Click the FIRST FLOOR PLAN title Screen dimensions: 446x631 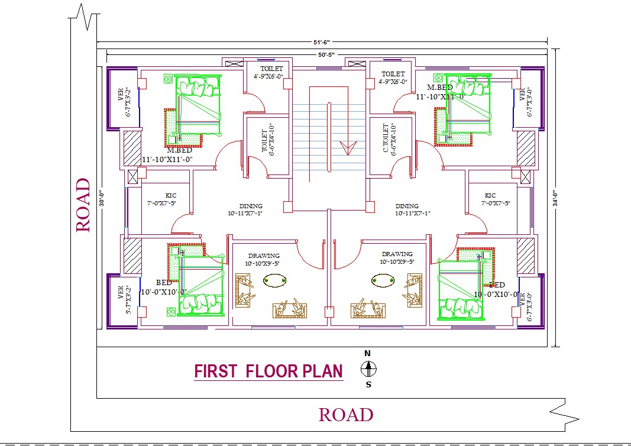268,371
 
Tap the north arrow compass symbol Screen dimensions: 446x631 368,369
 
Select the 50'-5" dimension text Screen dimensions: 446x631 326,54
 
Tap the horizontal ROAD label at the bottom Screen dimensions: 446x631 346,415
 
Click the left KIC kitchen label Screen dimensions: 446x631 170,195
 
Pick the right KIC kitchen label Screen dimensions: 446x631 490,195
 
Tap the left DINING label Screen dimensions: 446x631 250,206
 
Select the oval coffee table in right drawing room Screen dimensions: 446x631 382,280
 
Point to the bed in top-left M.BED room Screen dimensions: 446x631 198,106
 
